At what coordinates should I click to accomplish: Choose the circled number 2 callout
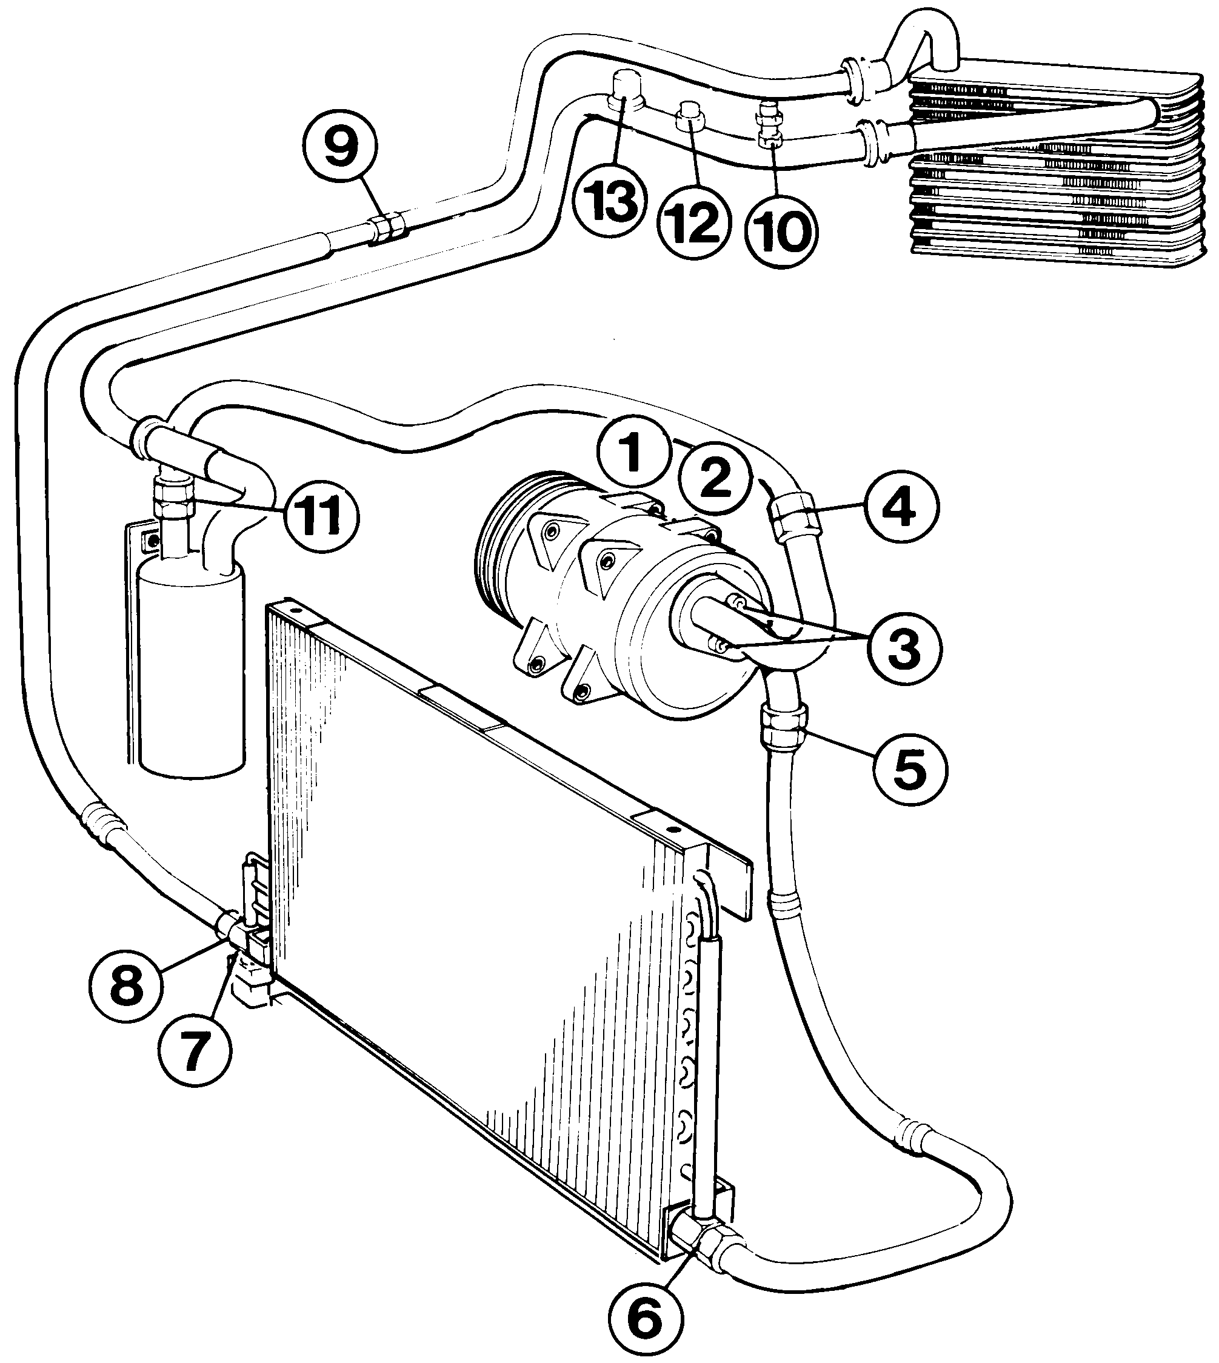[x=713, y=478]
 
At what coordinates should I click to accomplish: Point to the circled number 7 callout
[x=194, y=1051]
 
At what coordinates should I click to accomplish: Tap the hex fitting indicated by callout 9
[x=388, y=227]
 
